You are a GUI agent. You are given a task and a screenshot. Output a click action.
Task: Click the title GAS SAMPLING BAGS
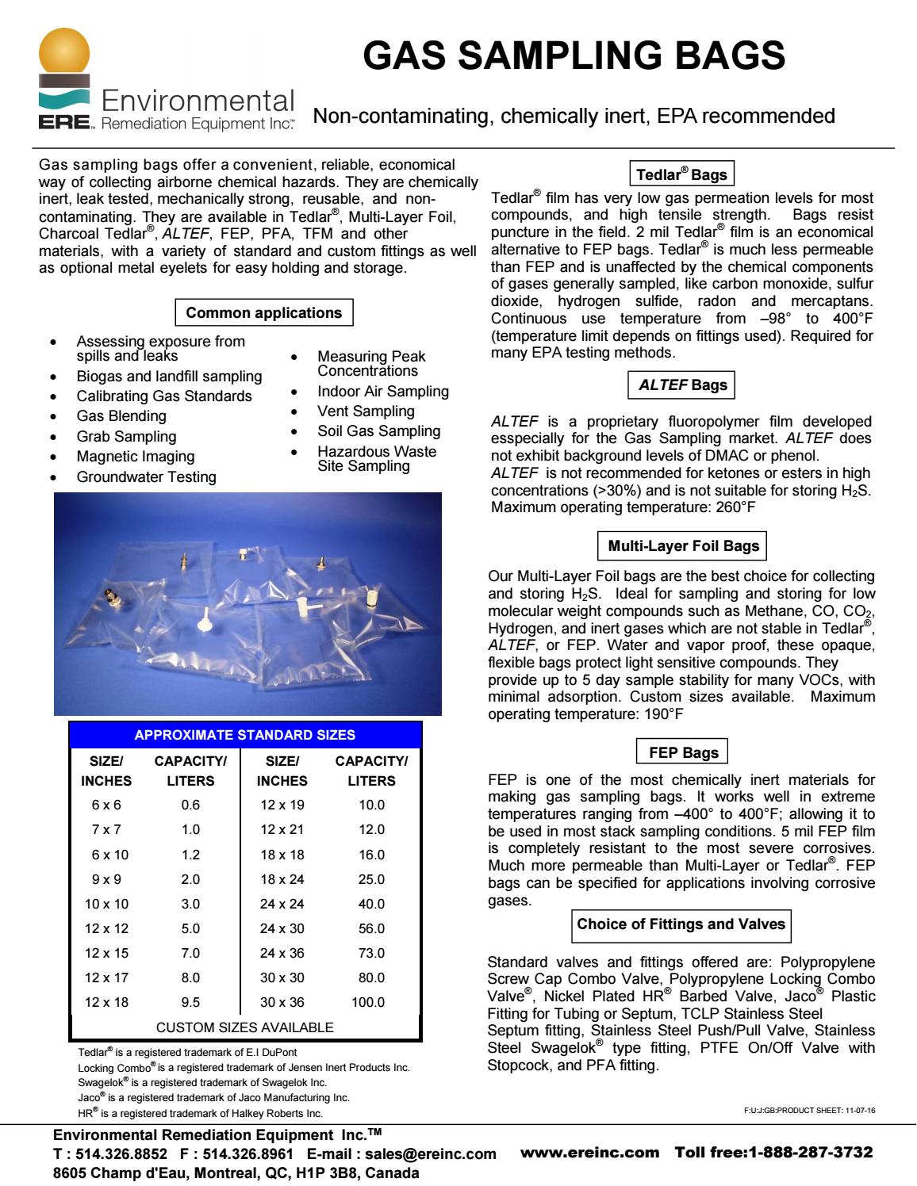(574, 57)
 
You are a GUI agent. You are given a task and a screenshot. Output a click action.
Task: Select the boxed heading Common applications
(263, 312)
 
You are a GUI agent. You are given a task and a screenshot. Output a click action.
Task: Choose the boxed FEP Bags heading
(683, 752)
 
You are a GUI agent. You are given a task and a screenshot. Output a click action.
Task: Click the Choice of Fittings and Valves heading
(681, 924)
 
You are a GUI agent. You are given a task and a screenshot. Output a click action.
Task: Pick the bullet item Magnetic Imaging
(135, 457)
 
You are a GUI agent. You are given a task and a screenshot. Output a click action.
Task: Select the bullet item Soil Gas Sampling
(378, 431)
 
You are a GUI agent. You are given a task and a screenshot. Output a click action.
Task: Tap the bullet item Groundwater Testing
(146, 477)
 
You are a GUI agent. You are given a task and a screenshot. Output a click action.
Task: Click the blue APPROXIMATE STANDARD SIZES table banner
(245, 735)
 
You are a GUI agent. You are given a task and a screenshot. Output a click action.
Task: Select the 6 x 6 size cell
(106, 805)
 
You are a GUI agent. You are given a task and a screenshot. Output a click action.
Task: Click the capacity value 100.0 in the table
(368, 1002)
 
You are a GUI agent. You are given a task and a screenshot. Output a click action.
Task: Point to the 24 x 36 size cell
(282, 953)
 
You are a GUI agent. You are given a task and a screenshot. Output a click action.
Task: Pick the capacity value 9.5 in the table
(190, 1002)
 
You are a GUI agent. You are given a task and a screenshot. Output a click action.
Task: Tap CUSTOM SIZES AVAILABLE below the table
(245, 1027)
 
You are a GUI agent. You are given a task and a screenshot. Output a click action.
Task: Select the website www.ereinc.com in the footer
(590, 1151)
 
